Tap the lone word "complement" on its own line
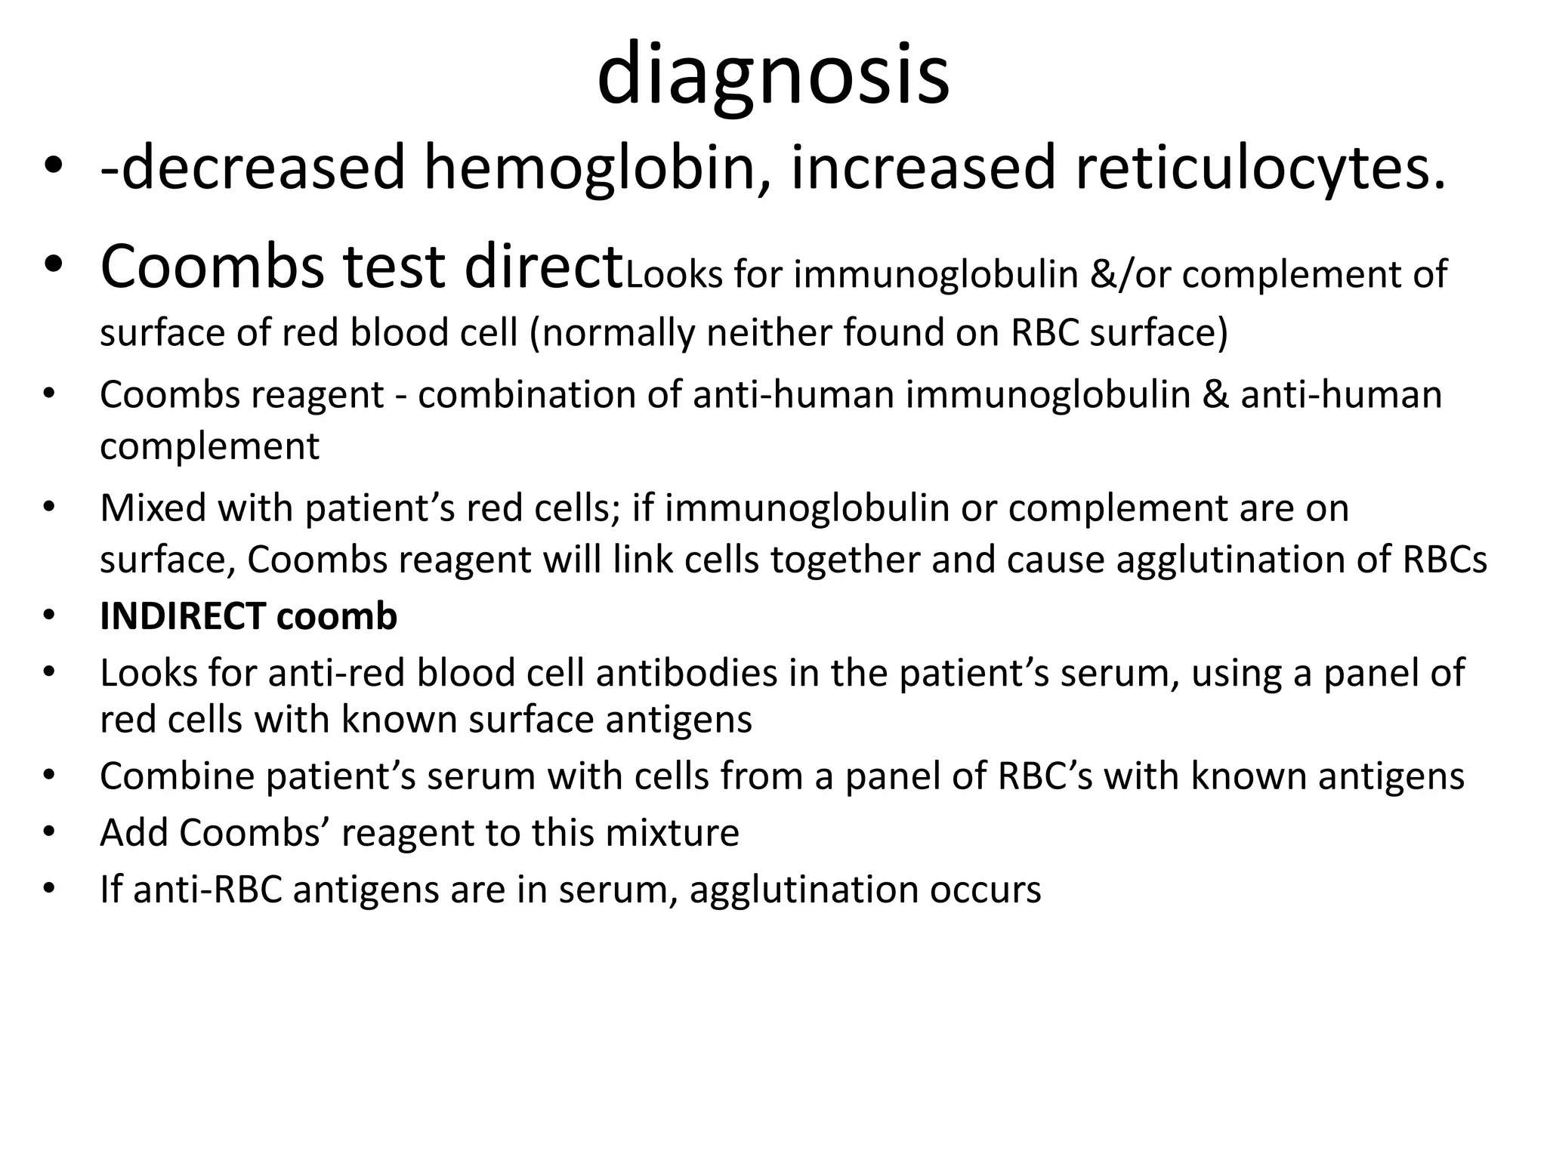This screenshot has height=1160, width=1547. [209, 446]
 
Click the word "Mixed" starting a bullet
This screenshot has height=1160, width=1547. [153, 507]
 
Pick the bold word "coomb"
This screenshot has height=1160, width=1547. [336, 616]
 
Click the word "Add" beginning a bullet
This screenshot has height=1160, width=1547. [134, 832]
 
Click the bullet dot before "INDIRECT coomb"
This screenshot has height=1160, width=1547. [50, 617]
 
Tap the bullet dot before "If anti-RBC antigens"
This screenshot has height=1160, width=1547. [50, 890]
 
